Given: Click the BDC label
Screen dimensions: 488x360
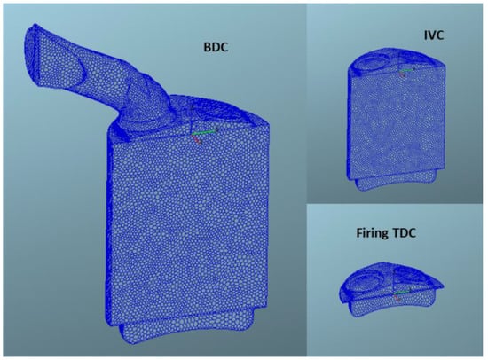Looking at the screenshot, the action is click(216, 47).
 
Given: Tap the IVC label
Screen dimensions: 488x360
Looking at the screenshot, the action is click(434, 35).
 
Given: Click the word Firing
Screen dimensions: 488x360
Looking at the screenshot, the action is click(373, 233).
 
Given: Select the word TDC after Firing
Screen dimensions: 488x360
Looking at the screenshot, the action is click(404, 232).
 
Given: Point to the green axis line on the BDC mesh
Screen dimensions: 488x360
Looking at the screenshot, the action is click(204, 132).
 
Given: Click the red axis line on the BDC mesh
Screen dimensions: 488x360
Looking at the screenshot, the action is click(196, 139).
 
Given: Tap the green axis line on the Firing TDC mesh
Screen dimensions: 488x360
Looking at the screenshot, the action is click(401, 293).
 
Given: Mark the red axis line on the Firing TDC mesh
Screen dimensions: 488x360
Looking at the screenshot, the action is click(397, 297).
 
